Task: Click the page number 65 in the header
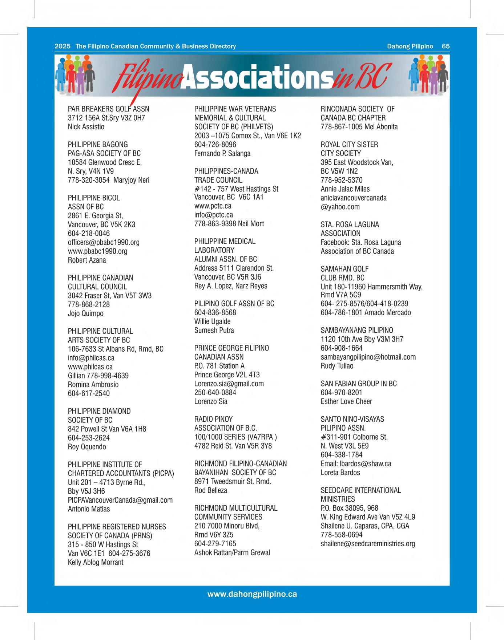[445, 46]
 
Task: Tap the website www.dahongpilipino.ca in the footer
[252, 594]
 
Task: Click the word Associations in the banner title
[257, 77]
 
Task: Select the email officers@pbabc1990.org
[104, 242]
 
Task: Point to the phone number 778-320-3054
[89, 180]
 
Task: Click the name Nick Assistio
[86, 127]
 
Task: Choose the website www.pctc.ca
[213, 206]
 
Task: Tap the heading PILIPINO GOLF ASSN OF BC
[234, 304]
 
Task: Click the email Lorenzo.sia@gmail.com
[229, 384]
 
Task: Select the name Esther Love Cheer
[346, 401]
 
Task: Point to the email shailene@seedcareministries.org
[368, 544]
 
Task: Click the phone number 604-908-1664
[342, 348]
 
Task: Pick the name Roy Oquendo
[87, 447]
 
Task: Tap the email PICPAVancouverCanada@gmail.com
[120, 500]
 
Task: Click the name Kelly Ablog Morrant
[96, 562]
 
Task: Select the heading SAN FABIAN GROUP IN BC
[359, 384]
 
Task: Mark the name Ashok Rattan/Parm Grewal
[232, 552]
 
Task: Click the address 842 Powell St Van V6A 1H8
[107, 429]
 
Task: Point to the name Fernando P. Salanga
[222, 153]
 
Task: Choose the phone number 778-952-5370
[342, 180]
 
